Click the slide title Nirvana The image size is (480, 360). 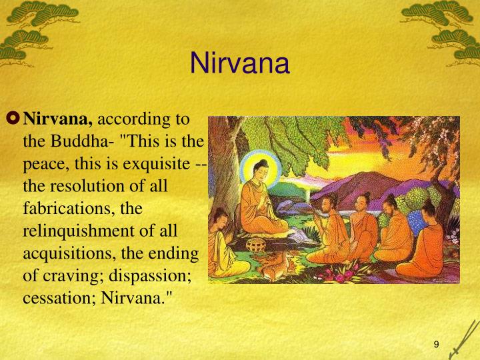point(239,64)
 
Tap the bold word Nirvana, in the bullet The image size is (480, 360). point(58,120)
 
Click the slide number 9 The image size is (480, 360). point(436,344)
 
